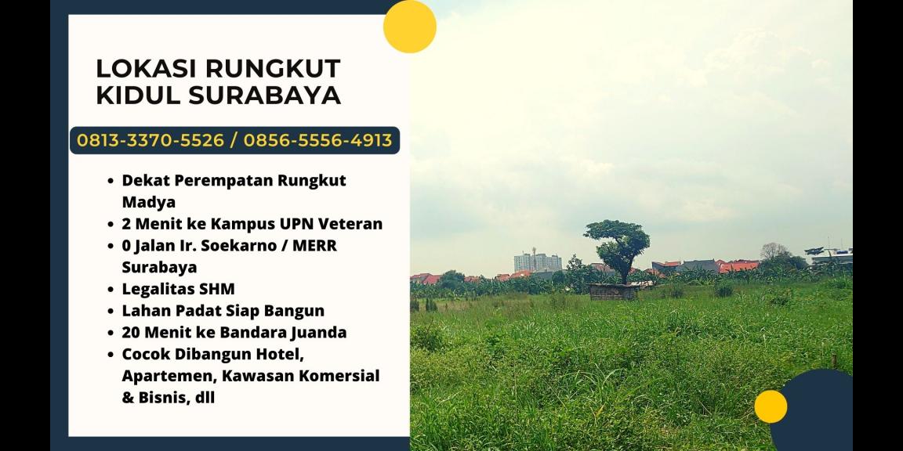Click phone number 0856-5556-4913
(317, 140)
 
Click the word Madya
(149, 202)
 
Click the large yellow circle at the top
(409, 27)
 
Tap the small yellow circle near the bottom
(771, 406)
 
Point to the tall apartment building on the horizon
(537, 262)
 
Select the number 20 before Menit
(132, 332)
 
